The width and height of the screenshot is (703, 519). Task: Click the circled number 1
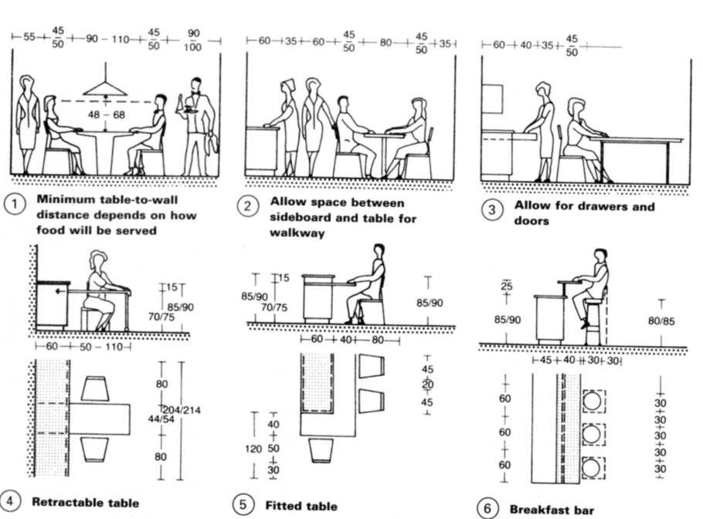pos(13,205)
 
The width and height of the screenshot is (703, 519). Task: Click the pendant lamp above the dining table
pos(105,86)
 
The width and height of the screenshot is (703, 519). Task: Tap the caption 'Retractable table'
pos(85,503)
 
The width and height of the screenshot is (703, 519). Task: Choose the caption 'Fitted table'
pos(301,507)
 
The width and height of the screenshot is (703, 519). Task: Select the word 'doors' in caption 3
pos(531,221)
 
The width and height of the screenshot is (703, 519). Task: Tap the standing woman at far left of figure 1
pos(27,124)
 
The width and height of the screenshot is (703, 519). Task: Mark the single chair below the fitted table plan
pos(320,450)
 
